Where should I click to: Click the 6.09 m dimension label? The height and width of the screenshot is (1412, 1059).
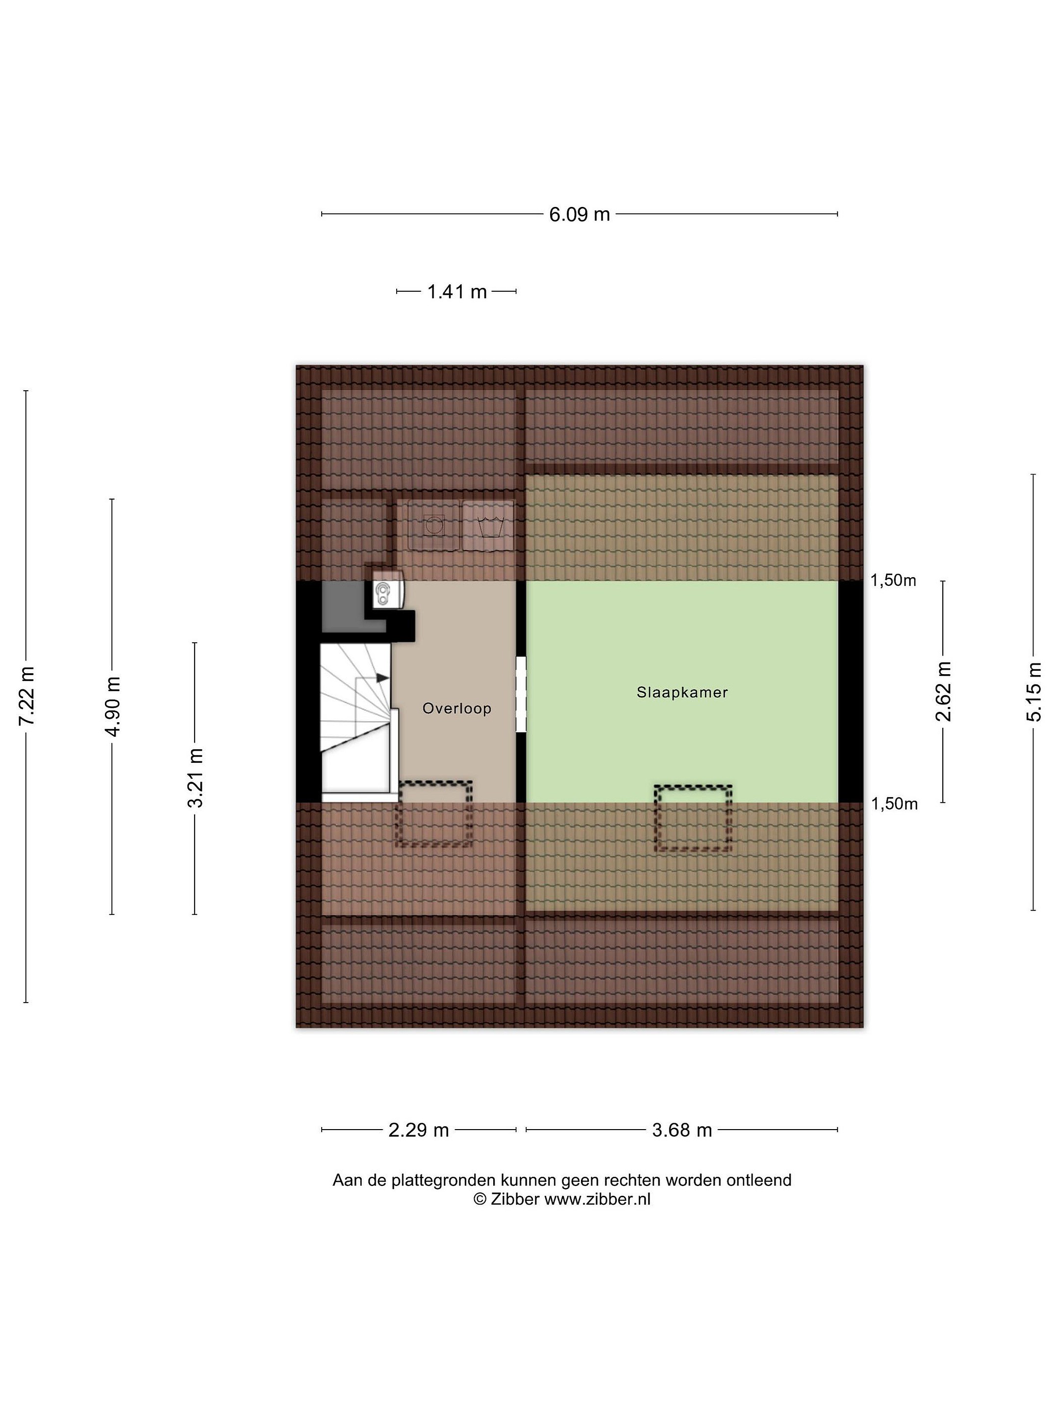point(579,214)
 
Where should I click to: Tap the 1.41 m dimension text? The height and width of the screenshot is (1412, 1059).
point(456,292)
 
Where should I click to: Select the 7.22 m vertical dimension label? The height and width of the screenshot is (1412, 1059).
point(27,695)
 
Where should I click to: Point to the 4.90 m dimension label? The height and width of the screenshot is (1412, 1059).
point(113,706)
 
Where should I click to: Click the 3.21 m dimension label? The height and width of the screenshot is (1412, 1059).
point(195,778)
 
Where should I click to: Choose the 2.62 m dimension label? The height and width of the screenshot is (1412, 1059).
point(943,691)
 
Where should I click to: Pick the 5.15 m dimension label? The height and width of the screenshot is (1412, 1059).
point(1034,692)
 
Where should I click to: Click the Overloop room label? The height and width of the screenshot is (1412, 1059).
point(457,708)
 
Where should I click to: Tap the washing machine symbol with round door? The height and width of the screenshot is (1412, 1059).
point(434,526)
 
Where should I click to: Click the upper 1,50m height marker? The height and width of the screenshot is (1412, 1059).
point(893,580)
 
